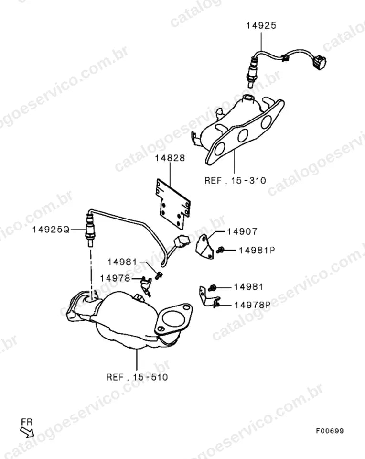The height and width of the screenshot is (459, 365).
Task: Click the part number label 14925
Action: click(261, 25)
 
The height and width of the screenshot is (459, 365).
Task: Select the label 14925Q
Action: click(51, 229)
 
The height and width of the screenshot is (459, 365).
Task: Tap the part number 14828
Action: click(170, 158)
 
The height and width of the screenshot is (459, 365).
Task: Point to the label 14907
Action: click(242, 231)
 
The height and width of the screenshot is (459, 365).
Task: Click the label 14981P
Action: click(257, 250)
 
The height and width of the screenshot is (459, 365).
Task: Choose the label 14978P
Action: click(252, 305)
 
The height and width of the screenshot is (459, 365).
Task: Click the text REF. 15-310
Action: click(236, 180)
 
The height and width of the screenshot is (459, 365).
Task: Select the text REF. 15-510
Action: click(137, 377)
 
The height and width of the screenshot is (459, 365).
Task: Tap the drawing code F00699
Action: click(330, 431)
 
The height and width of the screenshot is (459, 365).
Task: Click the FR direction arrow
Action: click(27, 432)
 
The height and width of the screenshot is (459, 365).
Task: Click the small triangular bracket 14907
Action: click(204, 247)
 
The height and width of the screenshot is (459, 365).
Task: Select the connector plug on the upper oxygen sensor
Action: click(319, 62)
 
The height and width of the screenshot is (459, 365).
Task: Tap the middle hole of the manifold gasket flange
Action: click(243, 135)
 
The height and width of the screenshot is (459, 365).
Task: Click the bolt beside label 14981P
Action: click(220, 250)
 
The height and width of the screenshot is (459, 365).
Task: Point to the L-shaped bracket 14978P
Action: click(209, 296)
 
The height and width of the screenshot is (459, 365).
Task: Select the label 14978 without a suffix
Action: click(115, 278)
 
